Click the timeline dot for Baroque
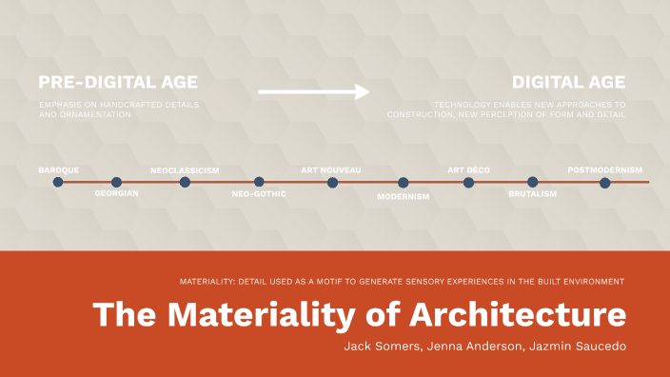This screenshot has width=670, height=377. coord(58,182)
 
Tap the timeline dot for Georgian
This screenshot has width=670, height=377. coord(116,182)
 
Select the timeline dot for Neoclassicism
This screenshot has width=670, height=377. coord(185,182)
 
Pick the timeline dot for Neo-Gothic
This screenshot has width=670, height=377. coord(259,182)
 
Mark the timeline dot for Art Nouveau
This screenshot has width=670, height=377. coord(332,182)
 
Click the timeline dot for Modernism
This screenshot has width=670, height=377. coord(404,182)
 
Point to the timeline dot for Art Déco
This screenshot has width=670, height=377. coord(468,182)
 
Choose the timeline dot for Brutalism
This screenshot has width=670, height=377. coord(533,182)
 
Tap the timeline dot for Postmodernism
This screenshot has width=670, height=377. coord(605,182)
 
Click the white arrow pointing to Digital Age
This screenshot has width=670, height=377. coord(314,92)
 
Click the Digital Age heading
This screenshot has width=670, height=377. coord(569,83)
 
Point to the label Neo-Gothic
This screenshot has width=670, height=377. coord(259,194)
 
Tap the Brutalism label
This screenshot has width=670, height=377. coord(533,194)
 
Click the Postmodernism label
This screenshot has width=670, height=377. coord(605,170)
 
